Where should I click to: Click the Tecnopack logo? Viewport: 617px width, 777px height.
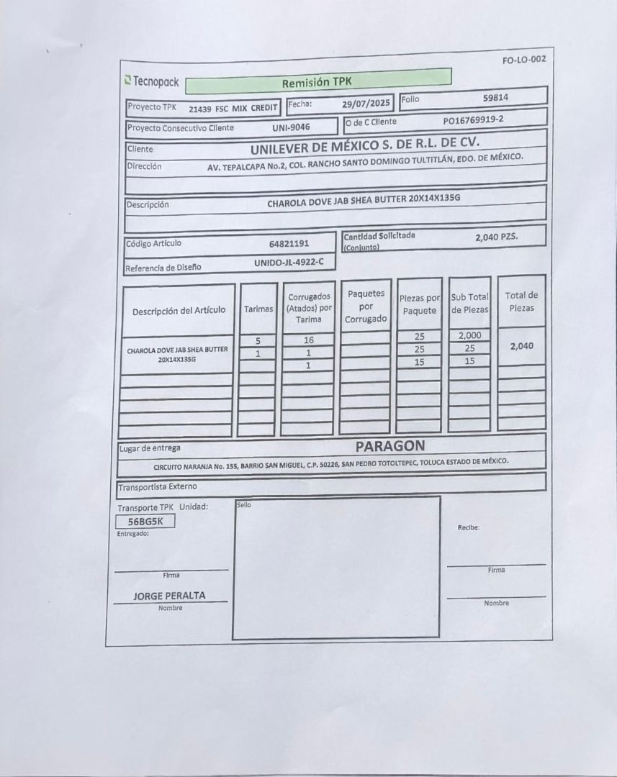pos(151,82)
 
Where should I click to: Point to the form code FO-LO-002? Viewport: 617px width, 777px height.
pos(523,59)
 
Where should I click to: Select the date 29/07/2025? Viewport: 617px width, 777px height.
pos(366,104)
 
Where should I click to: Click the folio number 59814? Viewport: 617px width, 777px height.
pos(496,97)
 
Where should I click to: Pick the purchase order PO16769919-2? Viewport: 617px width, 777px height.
pos(473,120)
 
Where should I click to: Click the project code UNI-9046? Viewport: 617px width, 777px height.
pos(291,127)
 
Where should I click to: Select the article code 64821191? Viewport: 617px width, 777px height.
pos(289,243)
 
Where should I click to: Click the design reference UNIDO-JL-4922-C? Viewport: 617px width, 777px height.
pos(289,263)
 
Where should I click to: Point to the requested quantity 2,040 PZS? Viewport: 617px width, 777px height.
pos(496,236)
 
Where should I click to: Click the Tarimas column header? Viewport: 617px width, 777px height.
pos(258,309)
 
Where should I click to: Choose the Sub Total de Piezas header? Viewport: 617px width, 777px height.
pos(469,303)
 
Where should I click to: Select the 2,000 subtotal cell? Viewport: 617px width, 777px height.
pos(469,335)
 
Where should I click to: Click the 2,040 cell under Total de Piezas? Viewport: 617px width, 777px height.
pos(521,346)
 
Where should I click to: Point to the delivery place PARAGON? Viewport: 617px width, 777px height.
pos(389,446)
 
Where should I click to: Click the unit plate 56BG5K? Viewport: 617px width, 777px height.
pos(145,522)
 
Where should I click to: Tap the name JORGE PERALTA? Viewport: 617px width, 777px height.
pos(169,596)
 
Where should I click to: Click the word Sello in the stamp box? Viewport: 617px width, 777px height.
pos(243,505)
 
